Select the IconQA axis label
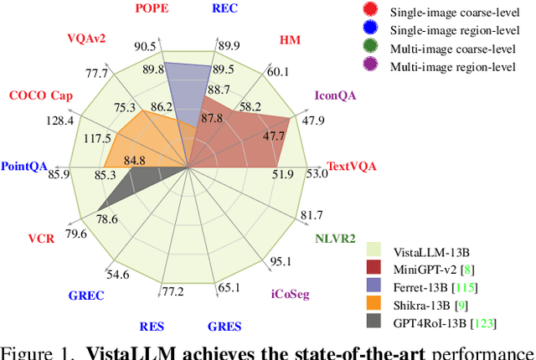click(336, 95)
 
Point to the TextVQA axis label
click(352, 166)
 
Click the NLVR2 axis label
click(336, 239)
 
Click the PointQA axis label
click(24, 166)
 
